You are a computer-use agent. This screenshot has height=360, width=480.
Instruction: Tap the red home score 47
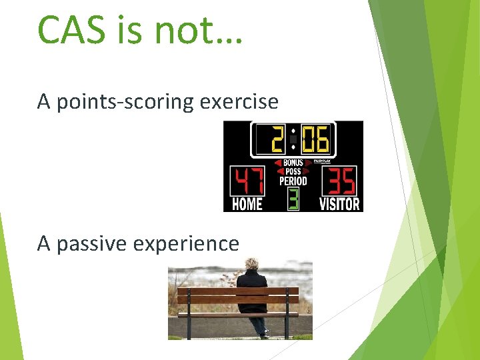(x=247, y=181)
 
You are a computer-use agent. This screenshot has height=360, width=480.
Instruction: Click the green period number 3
(x=293, y=199)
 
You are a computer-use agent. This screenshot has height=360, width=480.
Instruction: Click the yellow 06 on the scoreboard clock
(x=314, y=140)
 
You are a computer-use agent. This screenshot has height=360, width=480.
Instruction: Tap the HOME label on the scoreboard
(x=247, y=204)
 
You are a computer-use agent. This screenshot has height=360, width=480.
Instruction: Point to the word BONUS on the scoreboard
(x=293, y=163)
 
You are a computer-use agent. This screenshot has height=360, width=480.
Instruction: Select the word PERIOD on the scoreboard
(x=293, y=181)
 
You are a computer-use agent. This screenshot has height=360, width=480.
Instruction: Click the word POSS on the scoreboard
(x=293, y=171)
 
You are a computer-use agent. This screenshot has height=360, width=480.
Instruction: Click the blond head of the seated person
(x=254, y=264)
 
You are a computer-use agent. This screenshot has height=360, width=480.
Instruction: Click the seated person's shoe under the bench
(x=265, y=334)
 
